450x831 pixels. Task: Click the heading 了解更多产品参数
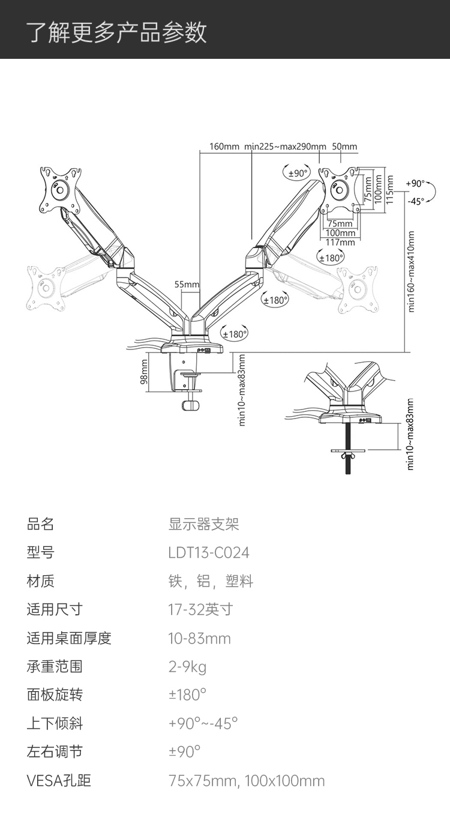(x=117, y=32)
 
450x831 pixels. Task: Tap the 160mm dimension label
(x=224, y=147)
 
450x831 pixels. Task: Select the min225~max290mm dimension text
(x=285, y=147)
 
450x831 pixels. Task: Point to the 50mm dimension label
(x=344, y=147)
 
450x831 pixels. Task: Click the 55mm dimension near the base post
(x=187, y=285)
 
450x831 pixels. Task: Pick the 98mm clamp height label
(x=144, y=371)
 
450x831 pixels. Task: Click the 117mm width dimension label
(x=340, y=242)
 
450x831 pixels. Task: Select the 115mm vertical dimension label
(x=389, y=190)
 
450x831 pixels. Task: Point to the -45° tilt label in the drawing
(x=416, y=201)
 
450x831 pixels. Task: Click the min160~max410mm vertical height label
(x=411, y=271)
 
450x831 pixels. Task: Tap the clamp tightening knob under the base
(x=191, y=405)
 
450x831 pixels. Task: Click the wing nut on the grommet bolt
(x=348, y=455)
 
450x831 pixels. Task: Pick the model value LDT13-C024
(x=209, y=552)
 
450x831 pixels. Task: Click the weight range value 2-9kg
(x=187, y=666)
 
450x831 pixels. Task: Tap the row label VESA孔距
(x=59, y=781)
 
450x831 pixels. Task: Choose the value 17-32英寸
(x=200, y=609)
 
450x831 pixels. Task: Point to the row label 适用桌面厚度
(x=69, y=638)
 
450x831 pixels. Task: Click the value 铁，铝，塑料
(x=211, y=581)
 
